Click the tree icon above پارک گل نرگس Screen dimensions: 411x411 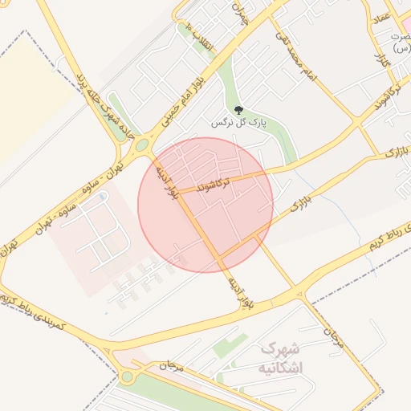[237, 110]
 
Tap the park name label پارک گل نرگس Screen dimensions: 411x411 [238, 123]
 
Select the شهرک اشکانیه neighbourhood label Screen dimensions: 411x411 [279, 359]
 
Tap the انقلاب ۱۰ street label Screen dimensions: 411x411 [199, 35]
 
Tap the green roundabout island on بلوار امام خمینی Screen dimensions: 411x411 [142, 145]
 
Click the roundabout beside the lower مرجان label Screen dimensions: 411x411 [126, 376]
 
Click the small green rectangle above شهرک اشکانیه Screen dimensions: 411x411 [230, 346]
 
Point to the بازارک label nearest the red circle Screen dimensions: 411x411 [299, 205]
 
